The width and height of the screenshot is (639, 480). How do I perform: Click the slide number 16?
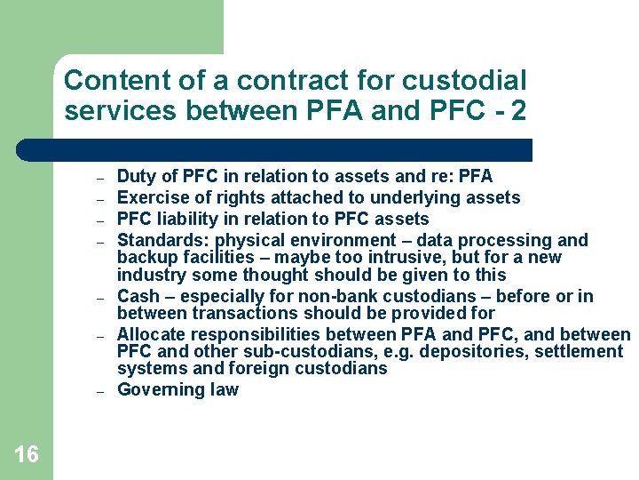click(x=27, y=454)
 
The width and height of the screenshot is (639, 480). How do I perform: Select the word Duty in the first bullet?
click(x=136, y=176)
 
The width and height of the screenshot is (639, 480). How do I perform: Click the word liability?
click(x=184, y=219)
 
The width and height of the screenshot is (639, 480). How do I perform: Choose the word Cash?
click(x=138, y=296)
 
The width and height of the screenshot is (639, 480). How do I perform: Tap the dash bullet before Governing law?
click(x=101, y=391)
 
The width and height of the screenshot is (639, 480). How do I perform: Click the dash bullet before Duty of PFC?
click(x=101, y=178)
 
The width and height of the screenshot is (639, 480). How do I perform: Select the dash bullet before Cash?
click(x=101, y=298)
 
